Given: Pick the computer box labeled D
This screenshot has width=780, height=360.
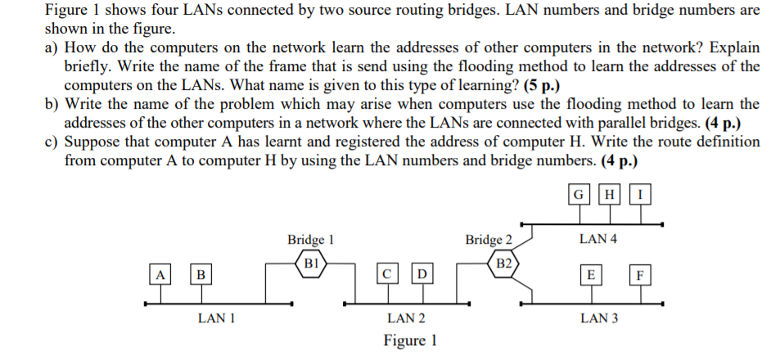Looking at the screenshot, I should pyautogui.click(x=422, y=273).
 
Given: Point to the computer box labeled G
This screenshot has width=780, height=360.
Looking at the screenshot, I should pyautogui.click(x=579, y=195).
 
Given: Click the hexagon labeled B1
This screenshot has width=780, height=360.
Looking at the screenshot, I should pyautogui.click(x=311, y=263).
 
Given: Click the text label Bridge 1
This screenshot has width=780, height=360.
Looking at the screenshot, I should pyautogui.click(x=310, y=240).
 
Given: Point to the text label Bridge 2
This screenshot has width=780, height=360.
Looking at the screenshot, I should pyautogui.click(x=489, y=240).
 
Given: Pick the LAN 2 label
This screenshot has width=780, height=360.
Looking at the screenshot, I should pyautogui.click(x=406, y=317).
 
